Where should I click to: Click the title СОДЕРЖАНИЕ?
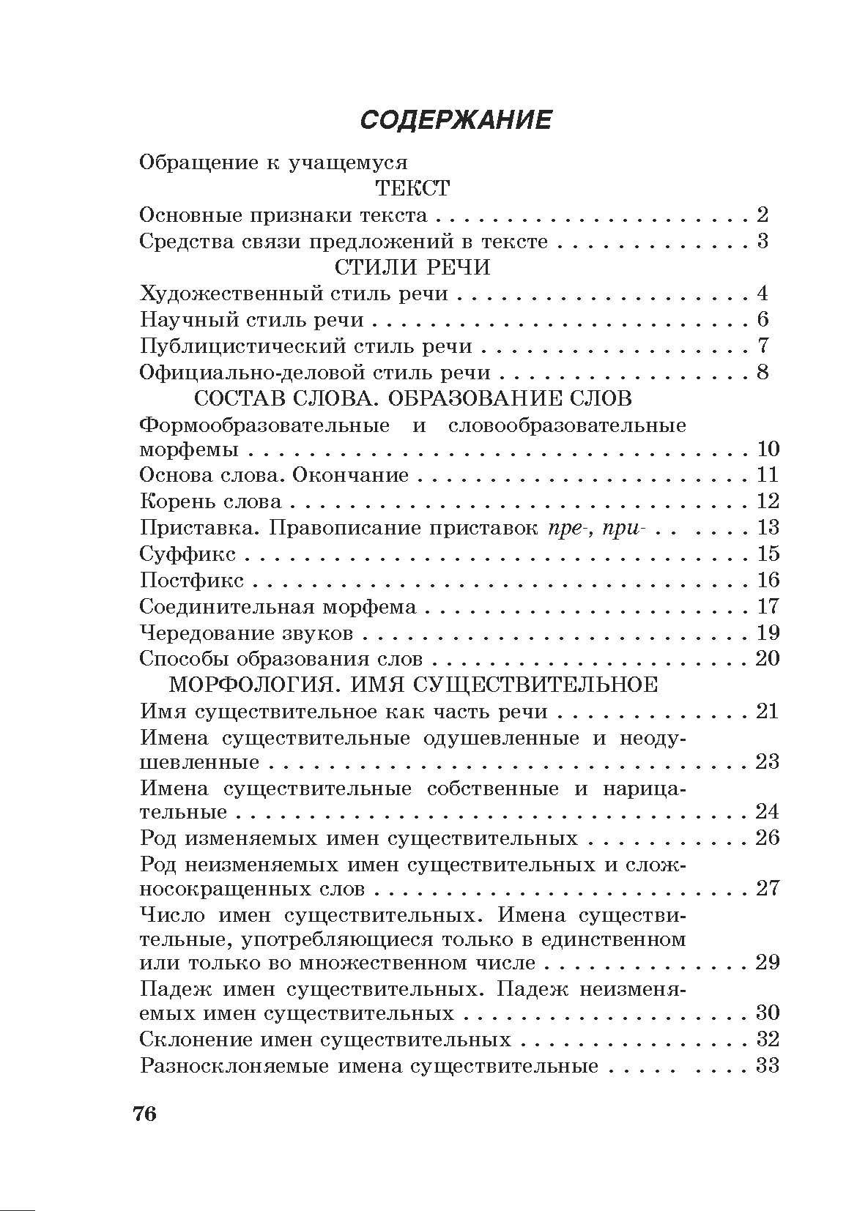point(456,119)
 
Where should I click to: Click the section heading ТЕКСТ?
point(412,188)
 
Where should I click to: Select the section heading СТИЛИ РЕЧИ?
point(412,267)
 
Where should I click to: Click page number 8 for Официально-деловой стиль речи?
point(763,372)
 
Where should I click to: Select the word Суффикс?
point(188,554)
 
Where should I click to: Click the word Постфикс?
point(192,580)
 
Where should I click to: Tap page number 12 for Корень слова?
point(767,502)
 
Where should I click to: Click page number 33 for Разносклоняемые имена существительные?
point(767,1065)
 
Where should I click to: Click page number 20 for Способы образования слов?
point(767,658)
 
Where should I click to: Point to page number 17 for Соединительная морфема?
point(767,606)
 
